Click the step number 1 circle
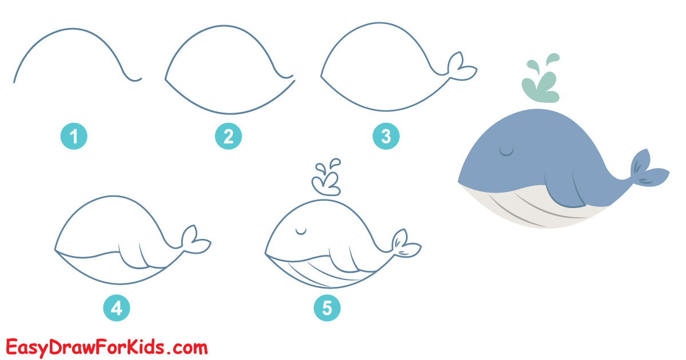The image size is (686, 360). [x=74, y=136]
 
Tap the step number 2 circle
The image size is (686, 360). [x=229, y=136]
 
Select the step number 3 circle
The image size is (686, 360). [x=386, y=136]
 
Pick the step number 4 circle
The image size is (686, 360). [x=117, y=307]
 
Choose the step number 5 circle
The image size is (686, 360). [x=327, y=307]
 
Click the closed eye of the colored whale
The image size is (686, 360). [x=506, y=151]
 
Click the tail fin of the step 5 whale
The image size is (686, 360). [x=405, y=245]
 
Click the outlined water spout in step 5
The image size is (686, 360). [x=326, y=178]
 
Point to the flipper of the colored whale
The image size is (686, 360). [x=564, y=192]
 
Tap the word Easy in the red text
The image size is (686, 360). [x=27, y=349]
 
